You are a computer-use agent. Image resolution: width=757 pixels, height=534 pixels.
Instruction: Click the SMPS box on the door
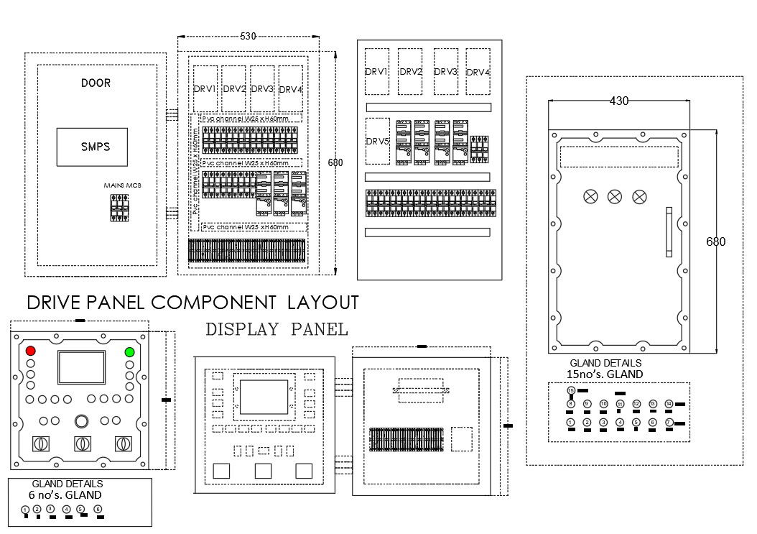92,147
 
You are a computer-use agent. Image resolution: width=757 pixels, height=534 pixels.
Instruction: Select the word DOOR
96,83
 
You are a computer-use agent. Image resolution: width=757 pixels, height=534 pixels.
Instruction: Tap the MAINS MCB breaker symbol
119,208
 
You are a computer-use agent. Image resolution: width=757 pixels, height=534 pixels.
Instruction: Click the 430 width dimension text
619,101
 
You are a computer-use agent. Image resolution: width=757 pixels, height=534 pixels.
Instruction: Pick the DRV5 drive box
377,142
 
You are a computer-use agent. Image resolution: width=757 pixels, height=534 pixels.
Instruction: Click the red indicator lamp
31,351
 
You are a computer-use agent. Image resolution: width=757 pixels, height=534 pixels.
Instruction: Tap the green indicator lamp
129,351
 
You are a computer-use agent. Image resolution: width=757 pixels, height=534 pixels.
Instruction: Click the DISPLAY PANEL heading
277,330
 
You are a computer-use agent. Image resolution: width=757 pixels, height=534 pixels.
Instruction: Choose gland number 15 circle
571,390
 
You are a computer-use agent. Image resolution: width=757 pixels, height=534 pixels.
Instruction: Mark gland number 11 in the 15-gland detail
620,405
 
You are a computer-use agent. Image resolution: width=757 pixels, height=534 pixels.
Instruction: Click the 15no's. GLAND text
605,374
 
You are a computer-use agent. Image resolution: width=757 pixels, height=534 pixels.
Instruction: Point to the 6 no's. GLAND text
65,494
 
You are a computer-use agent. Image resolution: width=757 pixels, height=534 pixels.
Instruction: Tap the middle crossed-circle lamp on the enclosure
615,197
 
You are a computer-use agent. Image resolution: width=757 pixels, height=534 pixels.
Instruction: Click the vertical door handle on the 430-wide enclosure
668,232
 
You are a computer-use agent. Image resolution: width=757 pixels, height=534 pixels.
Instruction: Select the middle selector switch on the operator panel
83,443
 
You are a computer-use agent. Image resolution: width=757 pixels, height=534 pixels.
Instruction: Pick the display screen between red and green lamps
80,367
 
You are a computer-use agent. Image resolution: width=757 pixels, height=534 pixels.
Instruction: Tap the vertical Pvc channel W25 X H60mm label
196,172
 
